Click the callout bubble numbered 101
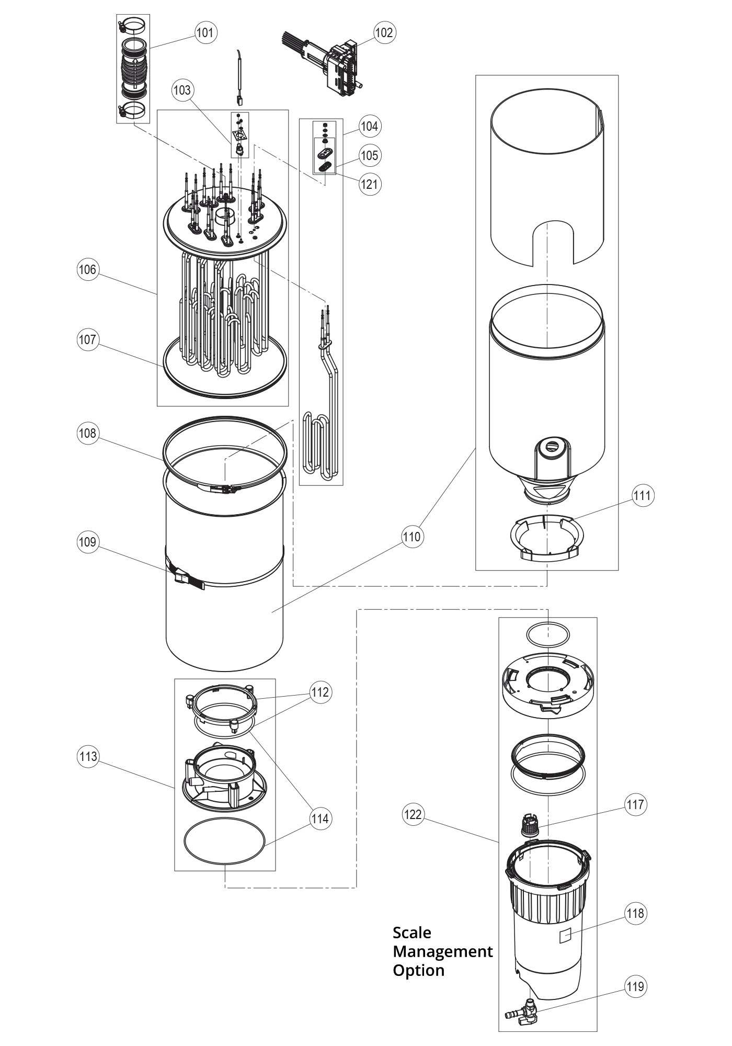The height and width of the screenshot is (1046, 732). click(x=205, y=32)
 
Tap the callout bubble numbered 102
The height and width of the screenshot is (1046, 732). click(x=384, y=32)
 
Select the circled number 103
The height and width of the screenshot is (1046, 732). click(x=182, y=90)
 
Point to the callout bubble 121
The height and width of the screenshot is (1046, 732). click(x=370, y=184)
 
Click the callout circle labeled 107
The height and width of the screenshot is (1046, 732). click(x=87, y=340)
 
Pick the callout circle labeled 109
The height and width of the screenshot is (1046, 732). click(x=87, y=542)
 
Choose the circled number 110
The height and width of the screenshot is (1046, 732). click(x=411, y=537)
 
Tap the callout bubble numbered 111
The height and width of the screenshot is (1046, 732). click(x=643, y=495)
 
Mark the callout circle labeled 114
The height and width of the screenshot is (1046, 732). click(x=320, y=818)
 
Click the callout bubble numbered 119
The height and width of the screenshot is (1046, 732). click(x=635, y=986)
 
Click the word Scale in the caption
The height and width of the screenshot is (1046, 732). click(x=411, y=933)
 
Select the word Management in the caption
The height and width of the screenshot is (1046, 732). click(x=442, y=951)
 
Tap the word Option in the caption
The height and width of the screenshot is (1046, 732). click(x=418, y=970)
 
